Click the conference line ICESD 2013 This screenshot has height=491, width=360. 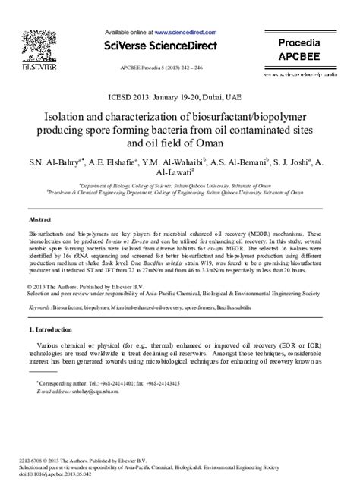(180, 97)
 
